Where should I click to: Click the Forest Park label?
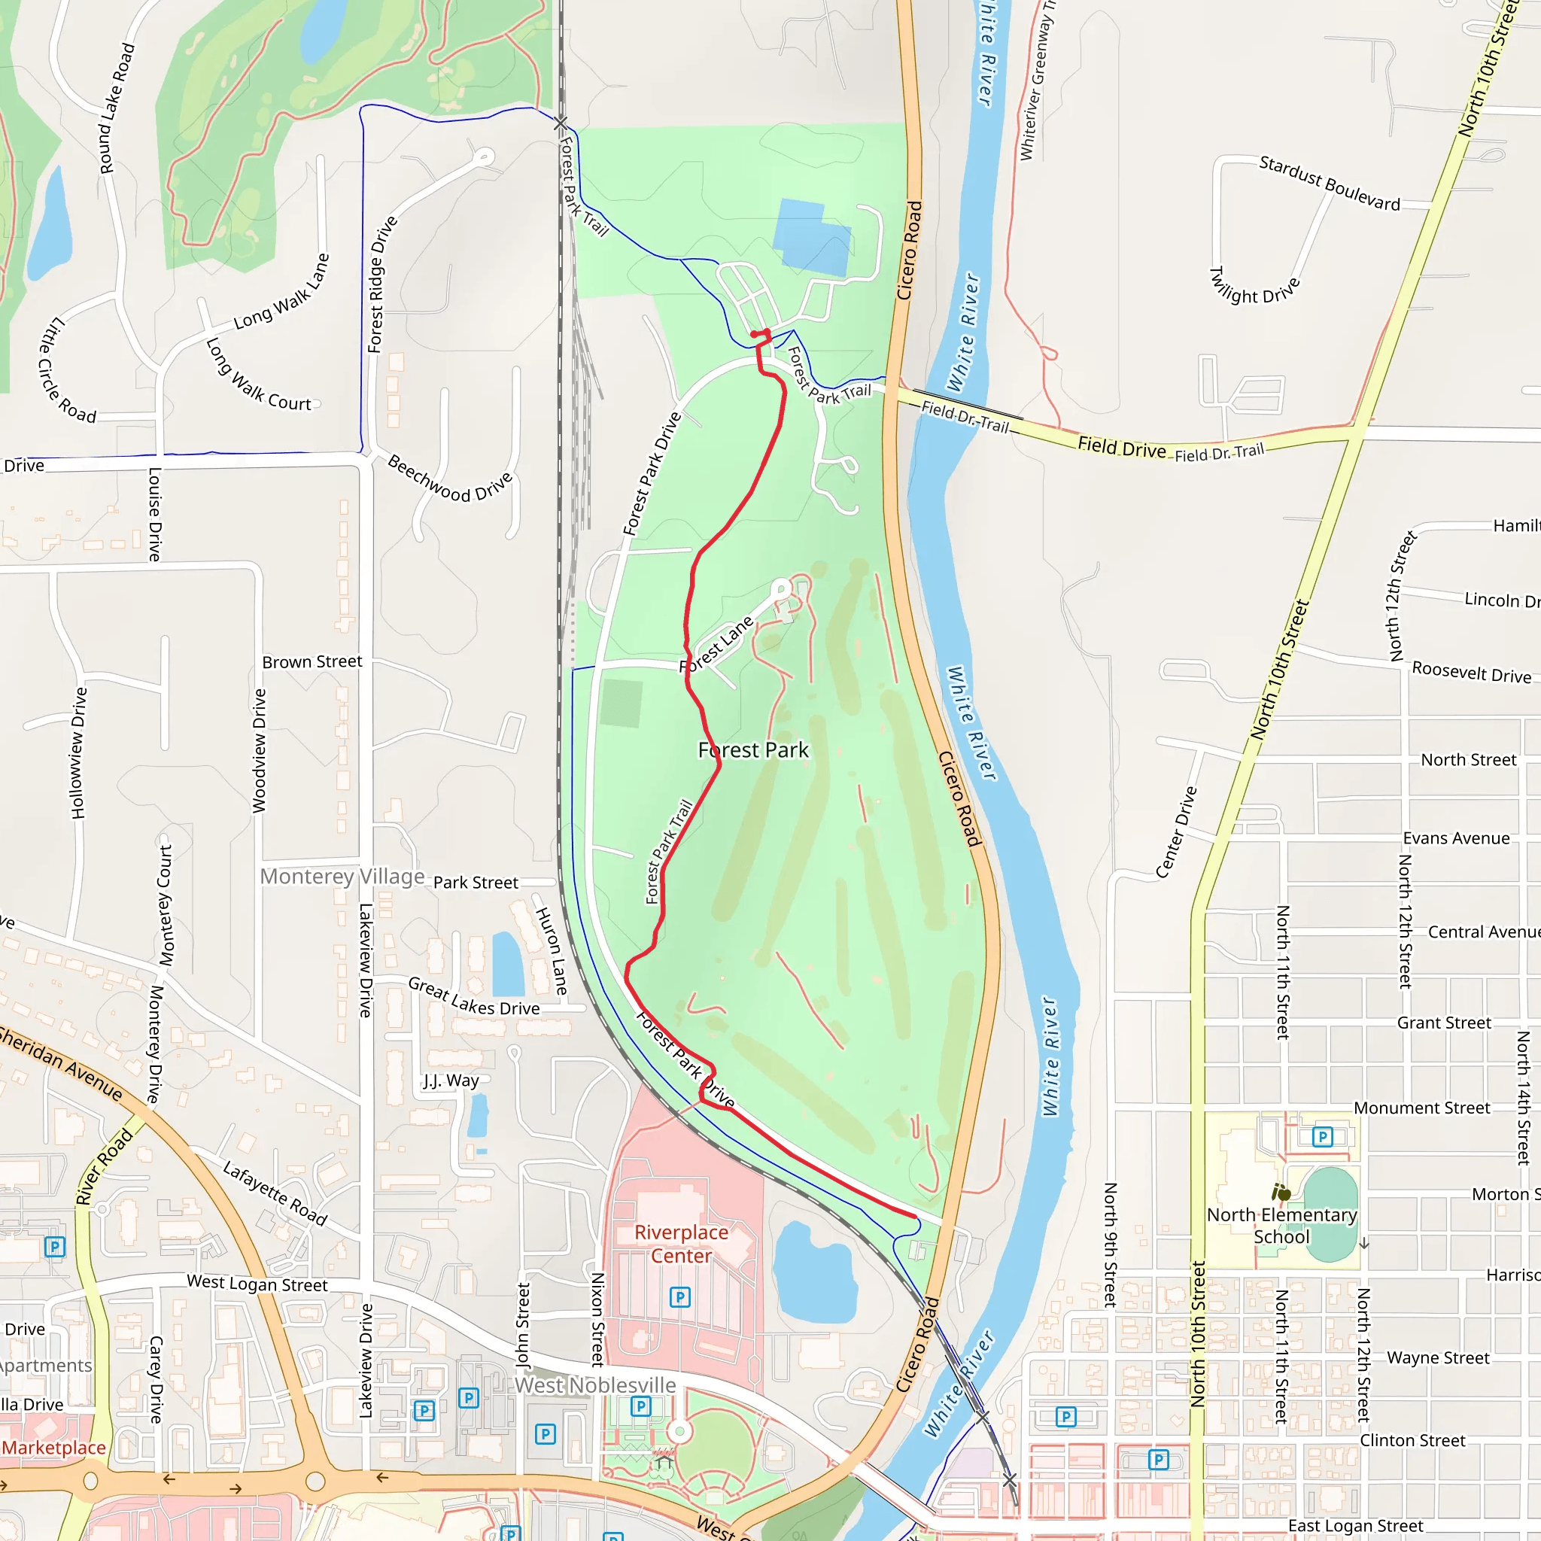click(753, 749)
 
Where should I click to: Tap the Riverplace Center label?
click(681, 1244)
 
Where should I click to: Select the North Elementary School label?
click(1281, 1225)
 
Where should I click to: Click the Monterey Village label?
click(342, 877)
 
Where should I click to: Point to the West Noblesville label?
click(594, 1385)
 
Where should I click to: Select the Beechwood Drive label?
click(451, 478)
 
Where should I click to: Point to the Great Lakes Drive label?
click(474, 997)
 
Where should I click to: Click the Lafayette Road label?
click(275, 1193)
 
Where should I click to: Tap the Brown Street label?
click(312, 662)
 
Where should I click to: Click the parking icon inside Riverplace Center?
click(679, 1297)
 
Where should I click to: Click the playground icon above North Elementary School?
click(1281, 1193)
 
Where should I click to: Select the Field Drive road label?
click(1121, 448)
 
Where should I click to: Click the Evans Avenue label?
click(1456, 838)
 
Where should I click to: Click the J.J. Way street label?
click(451, 1081)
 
